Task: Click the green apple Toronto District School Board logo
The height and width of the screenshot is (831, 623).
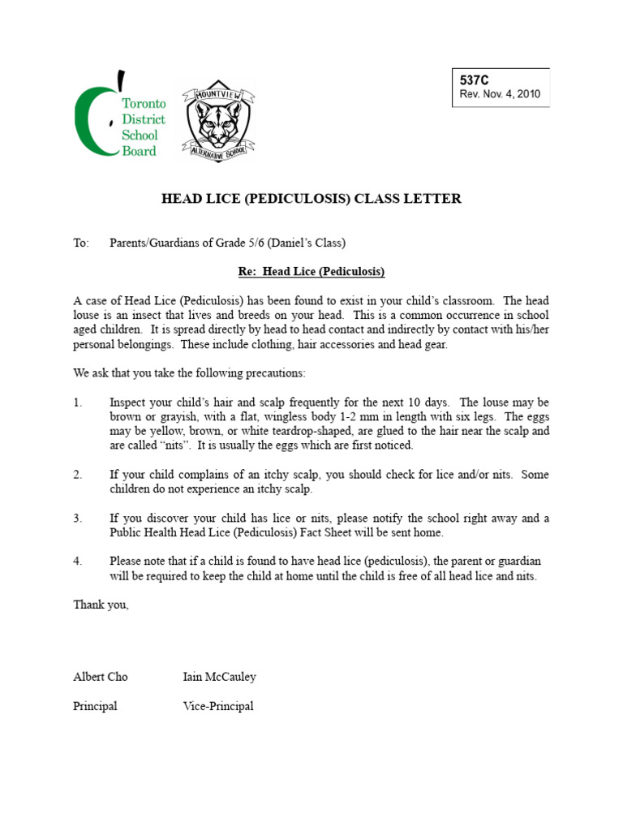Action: tap(118, 115)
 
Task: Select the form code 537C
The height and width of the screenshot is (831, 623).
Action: tap(475, 81)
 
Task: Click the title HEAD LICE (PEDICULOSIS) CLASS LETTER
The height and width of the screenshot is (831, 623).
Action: tap(311, 199)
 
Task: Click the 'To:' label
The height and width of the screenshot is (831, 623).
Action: tap(81, 243)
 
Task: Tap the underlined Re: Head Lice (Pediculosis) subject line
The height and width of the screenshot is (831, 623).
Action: tap(311, 271)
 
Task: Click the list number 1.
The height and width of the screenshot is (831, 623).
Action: tap(78, 403)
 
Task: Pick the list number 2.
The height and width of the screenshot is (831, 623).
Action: tap(78, 475)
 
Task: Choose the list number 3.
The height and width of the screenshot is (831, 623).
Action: tap(78, 519)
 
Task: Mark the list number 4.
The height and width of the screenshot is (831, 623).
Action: tap(78, 562)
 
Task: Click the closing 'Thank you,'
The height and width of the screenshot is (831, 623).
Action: tap(101, 605)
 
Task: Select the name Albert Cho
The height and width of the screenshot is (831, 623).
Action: tap(101, 677)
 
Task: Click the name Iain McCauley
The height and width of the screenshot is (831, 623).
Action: tap(220, 677)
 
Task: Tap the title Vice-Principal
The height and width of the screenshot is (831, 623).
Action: tap(218, 706)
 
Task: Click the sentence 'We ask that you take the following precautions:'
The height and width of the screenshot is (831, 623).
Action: tap(190, 373)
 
